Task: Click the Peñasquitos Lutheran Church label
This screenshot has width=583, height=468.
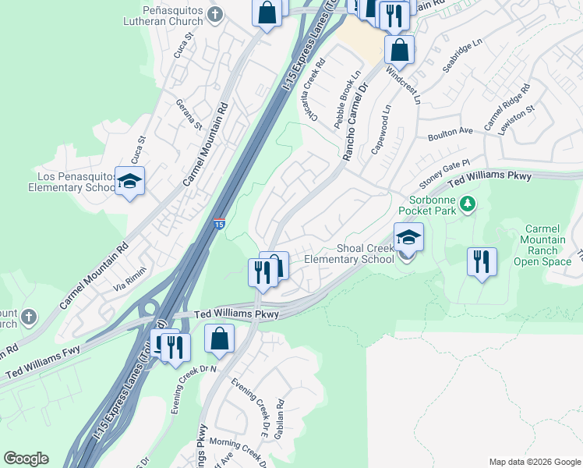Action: [x=161, y=17]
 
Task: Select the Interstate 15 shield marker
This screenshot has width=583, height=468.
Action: [x=220, y=224]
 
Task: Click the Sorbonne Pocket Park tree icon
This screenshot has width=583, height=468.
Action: [x=468, y=204]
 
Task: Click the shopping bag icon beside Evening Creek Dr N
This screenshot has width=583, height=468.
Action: [x=220, y=339]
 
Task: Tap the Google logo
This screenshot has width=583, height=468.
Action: [x=26, y=459]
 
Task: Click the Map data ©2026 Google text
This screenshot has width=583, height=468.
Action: [x=534, y=462]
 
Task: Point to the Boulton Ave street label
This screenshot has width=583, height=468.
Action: [x=450, y=133]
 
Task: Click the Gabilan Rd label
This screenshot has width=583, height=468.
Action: [x=280, y=417]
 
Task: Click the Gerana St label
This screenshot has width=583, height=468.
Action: [x=189, y=115]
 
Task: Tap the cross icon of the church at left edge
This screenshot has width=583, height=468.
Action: [x=28, y=317]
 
